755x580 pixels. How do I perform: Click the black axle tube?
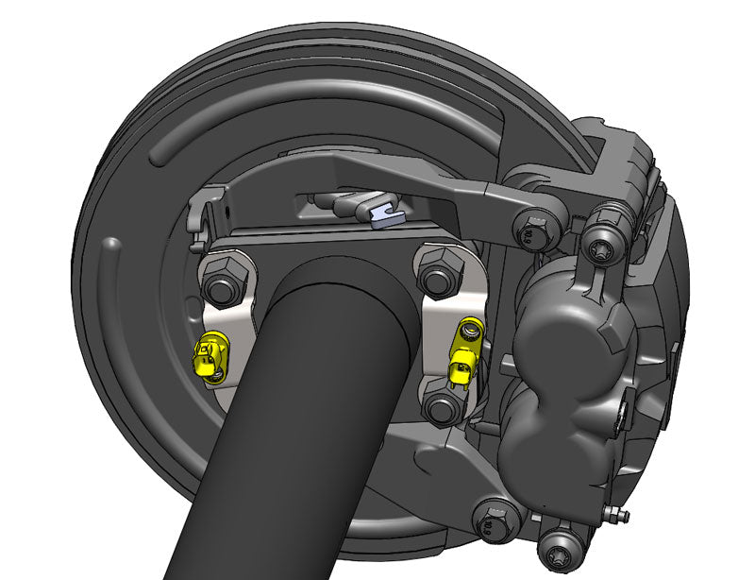(x=283, y=425)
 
